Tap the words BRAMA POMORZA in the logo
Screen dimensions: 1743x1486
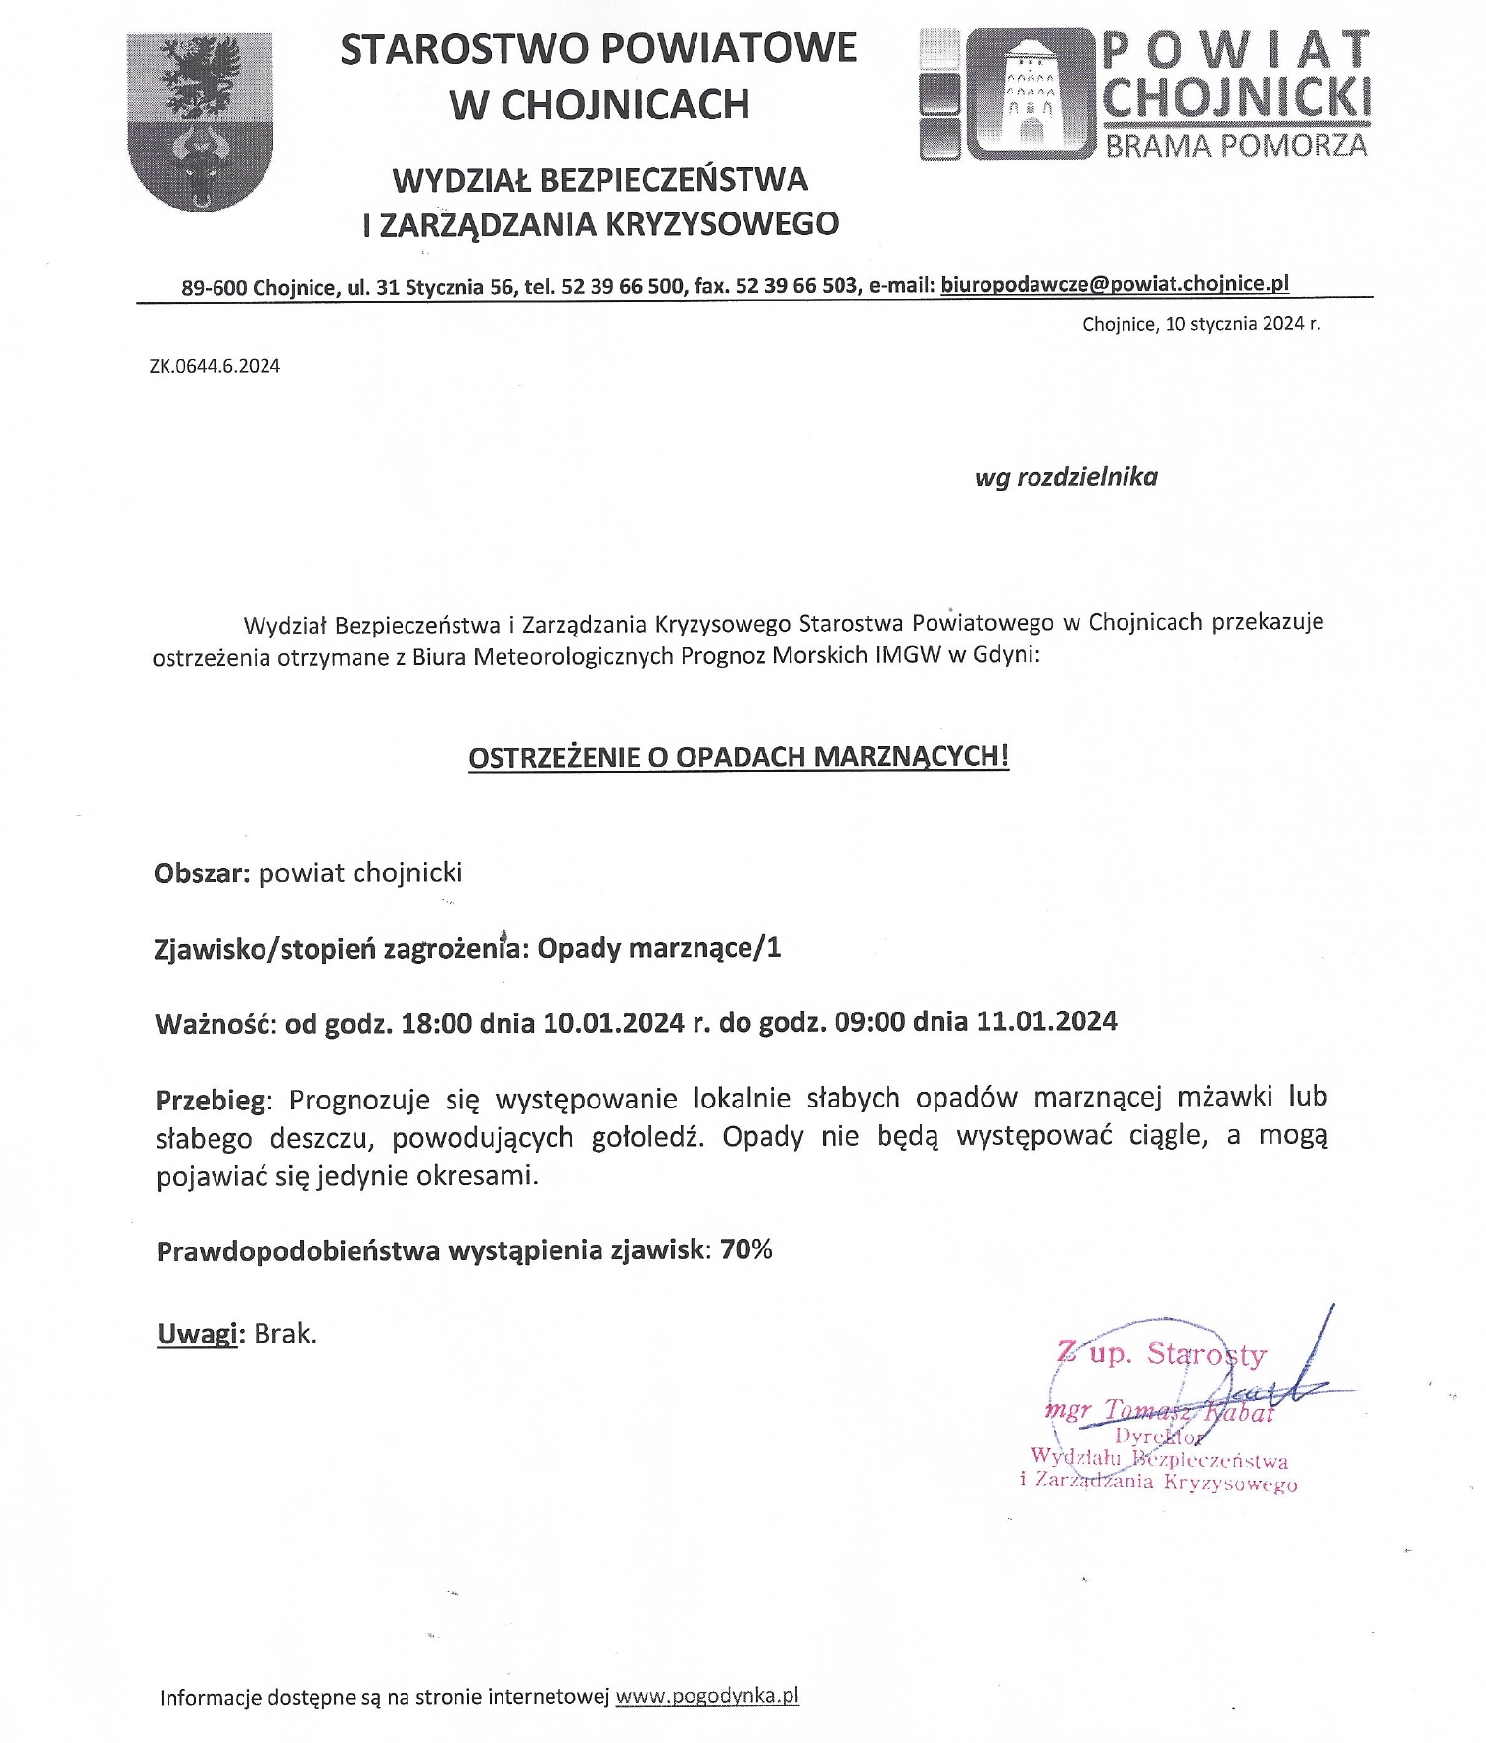click(x=1236, y=146)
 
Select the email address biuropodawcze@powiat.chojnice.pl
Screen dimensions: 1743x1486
click(x=1114, y=284)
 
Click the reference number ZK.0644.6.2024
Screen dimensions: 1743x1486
click(x=215, y=367)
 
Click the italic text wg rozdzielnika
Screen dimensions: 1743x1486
click(x=1066, y=477)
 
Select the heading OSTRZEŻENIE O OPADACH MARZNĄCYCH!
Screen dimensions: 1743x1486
click(x=739, y=757)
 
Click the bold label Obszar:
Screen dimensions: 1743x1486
click(x=203, y=872)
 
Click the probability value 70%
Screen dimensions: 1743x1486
click(x=746, y=1249)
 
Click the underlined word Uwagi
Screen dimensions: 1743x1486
click(x=197, y=1334)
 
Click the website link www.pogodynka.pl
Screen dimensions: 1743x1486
click(x=707, y=1696)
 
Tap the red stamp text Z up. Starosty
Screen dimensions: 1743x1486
click(x=1161, y=1354)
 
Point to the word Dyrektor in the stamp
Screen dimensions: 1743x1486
click(x=1158, y=1437)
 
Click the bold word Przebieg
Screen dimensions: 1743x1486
click(x=211, y=1101)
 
